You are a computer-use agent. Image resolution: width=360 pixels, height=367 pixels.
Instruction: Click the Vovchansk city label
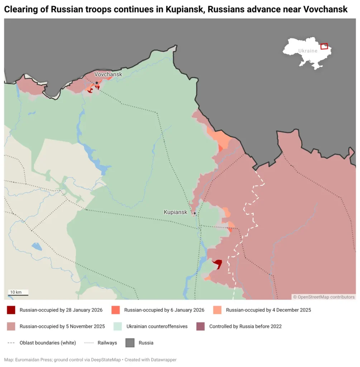pyautogui.click(x=108, y=74)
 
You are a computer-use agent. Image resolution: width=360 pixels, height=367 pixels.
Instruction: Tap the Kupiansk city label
pyautogui.click(x=176, y=212)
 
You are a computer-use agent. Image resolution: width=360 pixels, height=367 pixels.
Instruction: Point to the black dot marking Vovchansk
pyautogui.click(x=97, y=83)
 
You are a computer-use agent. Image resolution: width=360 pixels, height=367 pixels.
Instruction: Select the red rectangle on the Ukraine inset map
pyautogui.click(x=324, y=46)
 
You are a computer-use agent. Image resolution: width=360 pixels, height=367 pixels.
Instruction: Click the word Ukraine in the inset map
pyautogui.click(x=308, y=51)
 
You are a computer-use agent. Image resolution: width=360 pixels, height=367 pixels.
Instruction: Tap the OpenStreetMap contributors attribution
pyautogui.click(x=324, y=297)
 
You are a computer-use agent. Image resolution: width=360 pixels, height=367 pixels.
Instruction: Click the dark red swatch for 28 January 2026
pyautogui.click(x=11, y=310)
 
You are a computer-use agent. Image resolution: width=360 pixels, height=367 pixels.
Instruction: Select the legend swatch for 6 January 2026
pyautogui.click(x=116, y=310)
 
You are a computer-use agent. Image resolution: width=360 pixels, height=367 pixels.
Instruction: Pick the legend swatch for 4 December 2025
pyautogui.click(x=217, y=310)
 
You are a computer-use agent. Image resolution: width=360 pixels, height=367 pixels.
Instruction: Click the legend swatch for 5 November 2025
pyautogui.click(x=11, y=327)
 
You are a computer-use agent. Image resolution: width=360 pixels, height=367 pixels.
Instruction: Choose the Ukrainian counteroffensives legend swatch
pyautogui.click(x=117, y=327)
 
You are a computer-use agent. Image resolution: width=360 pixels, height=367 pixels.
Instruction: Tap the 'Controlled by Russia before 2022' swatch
pyautogui.click(x=201, y=327)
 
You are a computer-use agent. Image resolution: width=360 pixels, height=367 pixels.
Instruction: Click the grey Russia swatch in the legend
pyautogui.click(x=130, y=343)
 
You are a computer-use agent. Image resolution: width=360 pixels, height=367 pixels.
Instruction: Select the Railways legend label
pyautogui.click(x=107, y=343)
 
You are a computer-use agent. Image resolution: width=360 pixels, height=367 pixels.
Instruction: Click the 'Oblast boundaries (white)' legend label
pyautogui.click(x=48, y=343)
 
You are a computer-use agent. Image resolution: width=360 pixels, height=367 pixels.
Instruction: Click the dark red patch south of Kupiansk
pyautogui.click(x=217, y=264)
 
